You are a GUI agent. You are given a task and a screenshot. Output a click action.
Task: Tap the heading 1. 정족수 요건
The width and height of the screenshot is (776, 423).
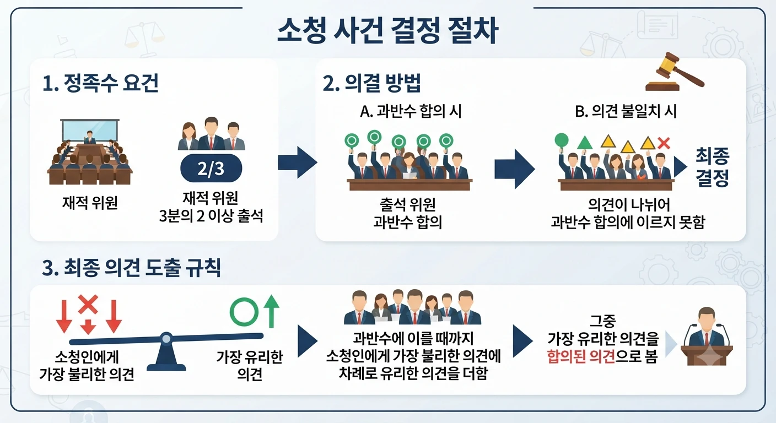coord(100,83)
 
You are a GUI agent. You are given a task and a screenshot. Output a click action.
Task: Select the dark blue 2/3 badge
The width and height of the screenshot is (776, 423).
coord(211,169)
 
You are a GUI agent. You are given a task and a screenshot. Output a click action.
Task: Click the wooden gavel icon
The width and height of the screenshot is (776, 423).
coord(674,72)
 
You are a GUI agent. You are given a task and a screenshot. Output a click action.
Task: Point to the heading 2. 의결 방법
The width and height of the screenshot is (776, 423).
coord(371,83)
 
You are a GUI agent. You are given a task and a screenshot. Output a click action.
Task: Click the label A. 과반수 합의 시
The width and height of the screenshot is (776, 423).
coord(411,111)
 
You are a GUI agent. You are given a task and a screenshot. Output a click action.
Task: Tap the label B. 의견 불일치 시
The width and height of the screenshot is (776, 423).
coord(626,111)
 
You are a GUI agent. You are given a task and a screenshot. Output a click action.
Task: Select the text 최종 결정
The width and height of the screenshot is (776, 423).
coord(712,167)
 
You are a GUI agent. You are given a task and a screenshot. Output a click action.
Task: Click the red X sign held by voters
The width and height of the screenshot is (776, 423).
coord(664,143)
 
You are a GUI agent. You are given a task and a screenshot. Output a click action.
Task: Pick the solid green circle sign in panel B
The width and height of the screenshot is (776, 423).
coord(562,140)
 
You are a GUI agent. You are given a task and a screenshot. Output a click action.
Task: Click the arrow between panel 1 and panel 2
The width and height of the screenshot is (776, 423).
coord(298,162)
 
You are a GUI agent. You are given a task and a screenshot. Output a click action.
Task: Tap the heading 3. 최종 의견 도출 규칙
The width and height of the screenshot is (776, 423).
coord(131,268)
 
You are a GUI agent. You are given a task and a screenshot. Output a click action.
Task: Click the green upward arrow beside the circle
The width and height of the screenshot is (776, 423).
coord(271,311)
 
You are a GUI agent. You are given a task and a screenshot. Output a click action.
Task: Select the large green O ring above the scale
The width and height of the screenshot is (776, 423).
coord(244,312)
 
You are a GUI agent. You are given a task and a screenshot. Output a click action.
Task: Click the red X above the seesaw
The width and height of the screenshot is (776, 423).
coord(88,304)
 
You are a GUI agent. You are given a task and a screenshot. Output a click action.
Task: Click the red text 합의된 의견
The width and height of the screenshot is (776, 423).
coord(581,356)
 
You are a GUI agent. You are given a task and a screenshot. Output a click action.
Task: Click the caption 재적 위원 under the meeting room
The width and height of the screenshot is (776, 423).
coord(90,203)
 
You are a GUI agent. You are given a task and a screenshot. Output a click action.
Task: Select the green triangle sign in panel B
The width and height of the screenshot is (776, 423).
coord(585,142)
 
